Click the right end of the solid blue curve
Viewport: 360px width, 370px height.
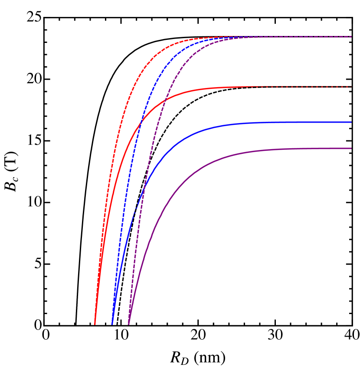tap(351, 122)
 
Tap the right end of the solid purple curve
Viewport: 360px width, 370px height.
tap(351, 149)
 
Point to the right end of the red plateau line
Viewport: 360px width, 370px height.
tap(351, 87)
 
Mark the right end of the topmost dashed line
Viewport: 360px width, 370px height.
tap(351, 37)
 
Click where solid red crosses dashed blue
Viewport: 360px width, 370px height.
tap(141, 125)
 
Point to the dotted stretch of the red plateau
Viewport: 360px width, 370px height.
tap(304, 87)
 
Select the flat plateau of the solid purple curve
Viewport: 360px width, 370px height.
tap(304, 149)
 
